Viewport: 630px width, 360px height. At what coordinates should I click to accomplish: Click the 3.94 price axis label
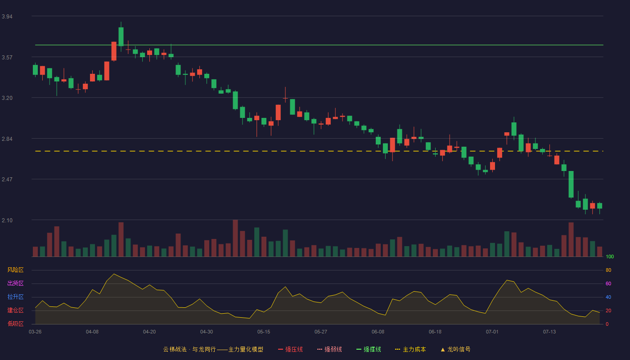7,17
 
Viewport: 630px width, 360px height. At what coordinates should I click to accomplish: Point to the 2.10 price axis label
7,220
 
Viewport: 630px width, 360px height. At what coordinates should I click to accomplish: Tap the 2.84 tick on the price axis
7,139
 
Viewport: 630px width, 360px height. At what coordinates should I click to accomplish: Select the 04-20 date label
149,332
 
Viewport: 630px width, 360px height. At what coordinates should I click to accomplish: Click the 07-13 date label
549,332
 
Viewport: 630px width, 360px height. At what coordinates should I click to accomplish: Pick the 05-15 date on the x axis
264,332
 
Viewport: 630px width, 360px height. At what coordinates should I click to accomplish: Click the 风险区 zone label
15,270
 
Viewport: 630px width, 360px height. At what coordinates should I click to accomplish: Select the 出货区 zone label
15,283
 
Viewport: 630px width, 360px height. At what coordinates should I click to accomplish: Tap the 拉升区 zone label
15,297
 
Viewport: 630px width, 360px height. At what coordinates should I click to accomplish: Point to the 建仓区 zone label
15,310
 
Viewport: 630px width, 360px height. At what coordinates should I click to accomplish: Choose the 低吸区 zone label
15,324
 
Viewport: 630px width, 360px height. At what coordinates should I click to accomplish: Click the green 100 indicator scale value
610,256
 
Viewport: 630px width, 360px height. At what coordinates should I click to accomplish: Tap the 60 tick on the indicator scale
608,283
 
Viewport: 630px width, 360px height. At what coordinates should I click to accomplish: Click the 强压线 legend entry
290,349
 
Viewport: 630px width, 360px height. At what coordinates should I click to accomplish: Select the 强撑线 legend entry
369,349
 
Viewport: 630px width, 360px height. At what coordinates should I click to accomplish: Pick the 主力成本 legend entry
410,349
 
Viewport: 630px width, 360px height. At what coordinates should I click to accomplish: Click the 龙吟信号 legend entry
455,349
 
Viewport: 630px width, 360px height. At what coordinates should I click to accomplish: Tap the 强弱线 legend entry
329,349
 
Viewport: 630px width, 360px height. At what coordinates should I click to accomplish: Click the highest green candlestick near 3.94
121,36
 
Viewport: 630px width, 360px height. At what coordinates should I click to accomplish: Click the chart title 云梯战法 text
175,349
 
